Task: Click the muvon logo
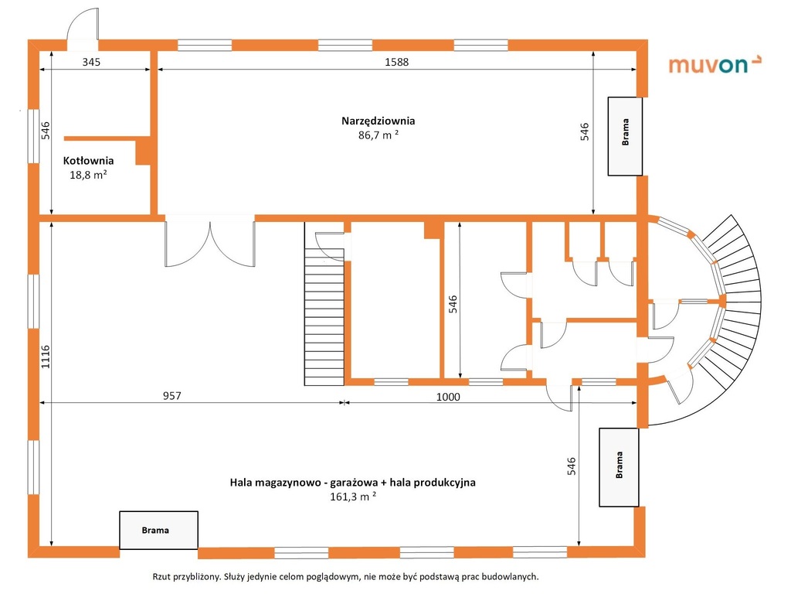(x=715, y=65)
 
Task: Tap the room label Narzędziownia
(x=378, y=121)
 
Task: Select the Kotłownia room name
(x=88, y=161)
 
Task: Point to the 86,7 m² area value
(x=379, y=135)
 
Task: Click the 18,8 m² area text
(x=88, y=175)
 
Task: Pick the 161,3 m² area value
(x=353, y=497)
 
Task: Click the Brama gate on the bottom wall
(x=158, y=530)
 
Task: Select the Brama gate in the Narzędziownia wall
(x=625, y=136)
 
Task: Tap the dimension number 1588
(x=396, y=62)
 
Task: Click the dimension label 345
(x=91, y=62)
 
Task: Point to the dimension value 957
(x=172, y=395)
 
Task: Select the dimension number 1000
(x=448, y=397)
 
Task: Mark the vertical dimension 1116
(x=46, y=357)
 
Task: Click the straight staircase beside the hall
(x=324, y=303)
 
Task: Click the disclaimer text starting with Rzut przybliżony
(x=345, y=576)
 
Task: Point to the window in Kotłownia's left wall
(x=33, y=136)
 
